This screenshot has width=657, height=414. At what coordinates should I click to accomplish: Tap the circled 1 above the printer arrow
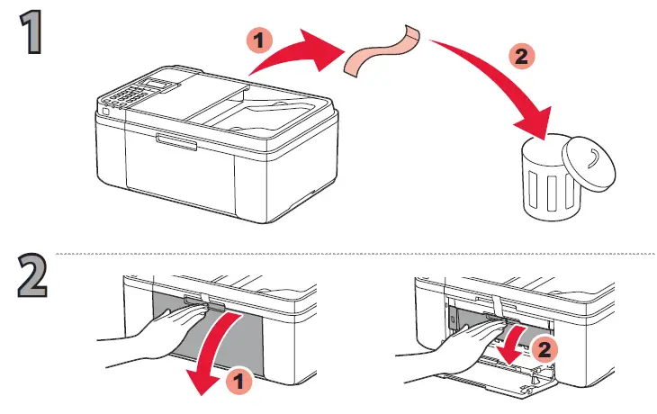[x=257, y=40]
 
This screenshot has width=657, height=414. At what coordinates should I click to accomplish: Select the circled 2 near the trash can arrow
[x=519, y=56]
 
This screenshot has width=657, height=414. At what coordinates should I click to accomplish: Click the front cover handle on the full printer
[x=175, y=139]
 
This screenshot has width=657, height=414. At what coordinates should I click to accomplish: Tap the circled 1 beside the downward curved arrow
[x=236, y=381]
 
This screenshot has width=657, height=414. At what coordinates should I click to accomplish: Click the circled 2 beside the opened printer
[x=541, y=346]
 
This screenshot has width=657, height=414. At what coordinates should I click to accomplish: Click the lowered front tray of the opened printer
[x=504, y=382]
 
